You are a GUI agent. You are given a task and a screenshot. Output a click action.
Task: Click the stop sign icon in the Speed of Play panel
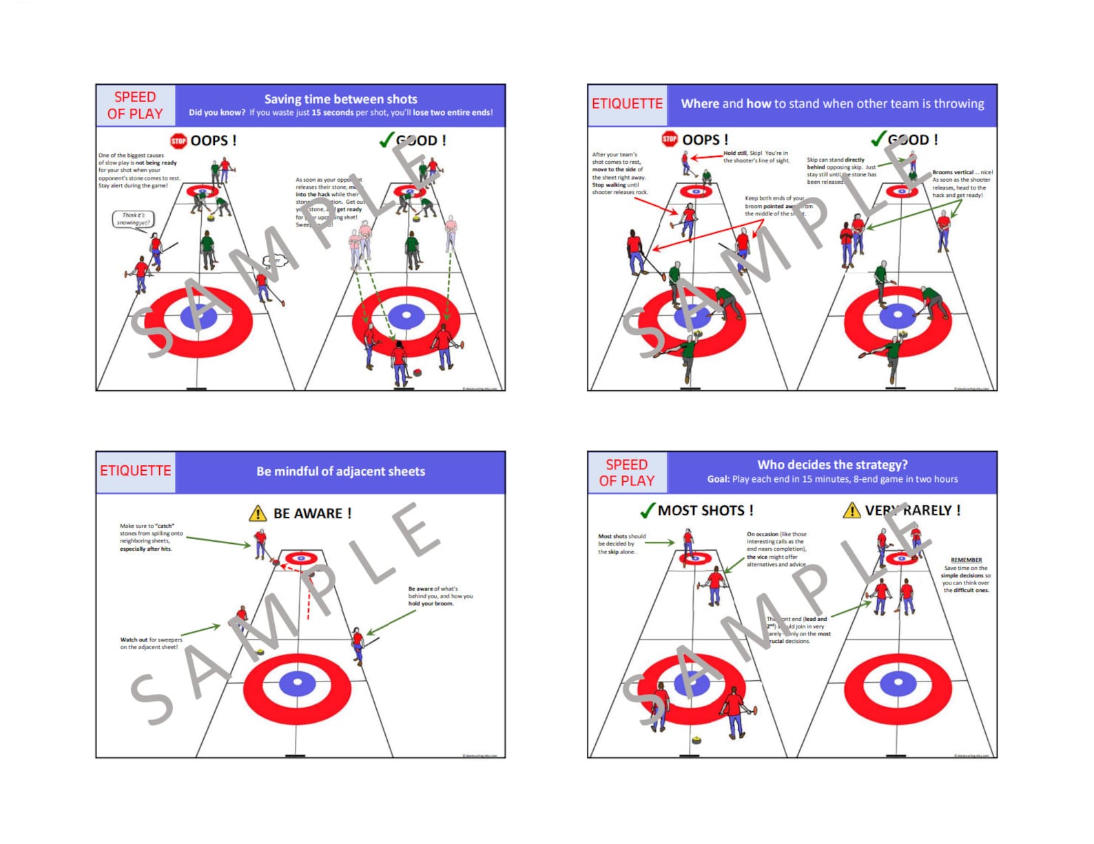coord(178,140)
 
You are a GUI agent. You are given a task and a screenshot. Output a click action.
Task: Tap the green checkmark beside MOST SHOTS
coord(647,510)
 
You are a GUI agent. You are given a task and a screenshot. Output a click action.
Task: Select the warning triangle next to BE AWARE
coord(258,514)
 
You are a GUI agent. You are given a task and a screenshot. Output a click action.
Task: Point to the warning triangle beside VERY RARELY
coord(852,510)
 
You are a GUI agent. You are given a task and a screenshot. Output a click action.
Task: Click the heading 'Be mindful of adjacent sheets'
coord(340,472)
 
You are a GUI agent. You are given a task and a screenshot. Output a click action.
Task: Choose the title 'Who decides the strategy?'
coord(832,465)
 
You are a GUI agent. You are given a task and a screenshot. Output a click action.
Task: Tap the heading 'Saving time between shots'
coord(340,99)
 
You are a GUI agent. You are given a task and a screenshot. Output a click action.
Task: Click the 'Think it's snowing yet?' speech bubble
coord(133,219)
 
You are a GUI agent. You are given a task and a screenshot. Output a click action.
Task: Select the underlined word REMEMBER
coord(966,560)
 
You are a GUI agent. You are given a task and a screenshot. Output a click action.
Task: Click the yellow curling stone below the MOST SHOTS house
coord(696,741)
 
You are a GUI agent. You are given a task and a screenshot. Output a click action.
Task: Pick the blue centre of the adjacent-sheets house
coord(298,682)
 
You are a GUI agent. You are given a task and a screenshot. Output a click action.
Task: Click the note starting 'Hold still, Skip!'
coord(755,157)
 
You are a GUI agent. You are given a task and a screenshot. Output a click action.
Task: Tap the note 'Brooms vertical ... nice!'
coord(962,183)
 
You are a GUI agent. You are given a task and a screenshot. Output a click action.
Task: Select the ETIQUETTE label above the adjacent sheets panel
coord(135,471)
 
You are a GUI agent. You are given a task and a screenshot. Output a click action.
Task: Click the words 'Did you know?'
coord(217,113)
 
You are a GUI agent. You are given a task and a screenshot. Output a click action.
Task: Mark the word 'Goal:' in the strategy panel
coord(719,479)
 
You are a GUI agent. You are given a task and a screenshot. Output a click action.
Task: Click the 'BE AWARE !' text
coord(312,514)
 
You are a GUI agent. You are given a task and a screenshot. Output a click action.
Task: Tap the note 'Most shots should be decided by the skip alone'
coord(621,544)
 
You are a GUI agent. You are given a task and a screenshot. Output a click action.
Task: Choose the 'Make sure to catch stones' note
coord(151,537)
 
